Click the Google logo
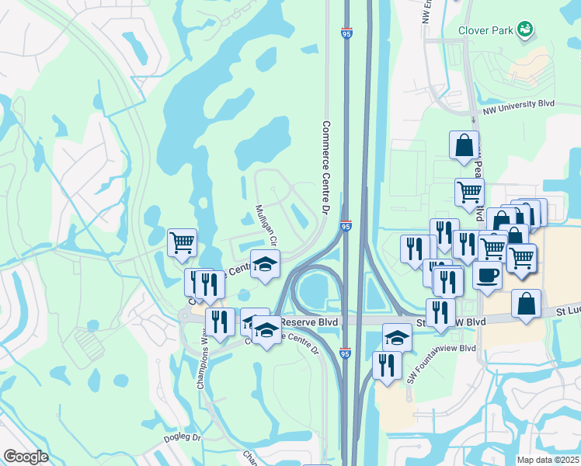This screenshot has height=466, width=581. (26, 457)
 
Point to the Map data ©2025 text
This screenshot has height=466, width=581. (548, 460)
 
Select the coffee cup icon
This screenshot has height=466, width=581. (487, 276)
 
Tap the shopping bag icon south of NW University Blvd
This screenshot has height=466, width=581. (464, 144)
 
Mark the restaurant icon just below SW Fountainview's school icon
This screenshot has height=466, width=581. (386, 364)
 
